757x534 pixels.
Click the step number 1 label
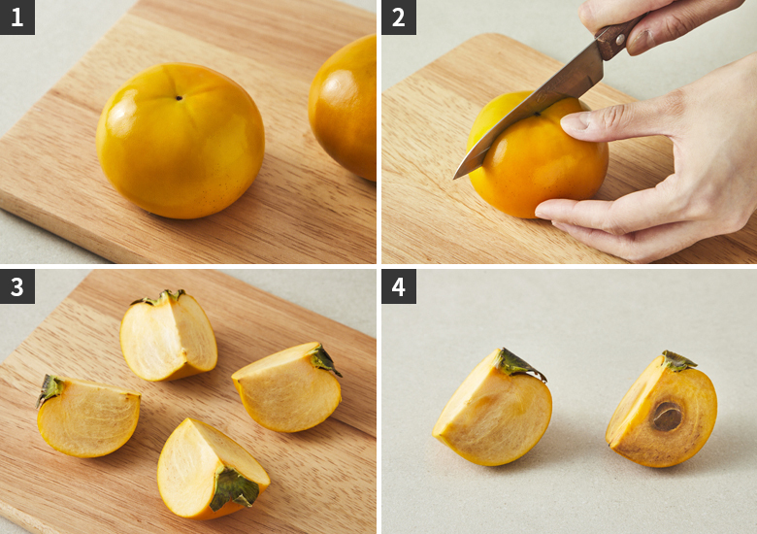(x=16, y=17)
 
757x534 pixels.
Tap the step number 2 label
(x=399, y=17)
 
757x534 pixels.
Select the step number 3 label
(x=16, y=286)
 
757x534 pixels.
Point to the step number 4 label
(x=399, y=286)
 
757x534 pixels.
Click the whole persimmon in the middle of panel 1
(x=181, y=141)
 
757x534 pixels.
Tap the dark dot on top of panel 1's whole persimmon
(x=180, y=98)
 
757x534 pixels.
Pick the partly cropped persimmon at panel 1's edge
(x=343, y=107)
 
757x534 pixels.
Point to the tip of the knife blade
(x=454, y=178)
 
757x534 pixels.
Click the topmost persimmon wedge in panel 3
(x=169, y=336)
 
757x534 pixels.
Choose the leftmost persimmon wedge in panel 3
(x=88, y=417)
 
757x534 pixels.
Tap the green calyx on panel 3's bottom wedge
(x=234, y=488)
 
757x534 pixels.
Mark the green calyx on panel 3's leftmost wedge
(x=49, y=389)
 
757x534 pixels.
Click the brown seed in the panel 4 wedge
(x=667, y=417)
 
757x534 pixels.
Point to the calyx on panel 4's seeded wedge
(x=677, y=361)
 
